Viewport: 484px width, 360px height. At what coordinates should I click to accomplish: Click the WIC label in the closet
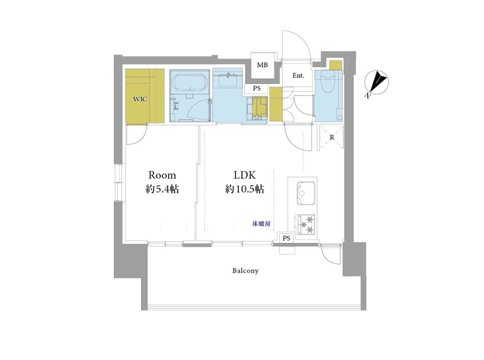pyautogui.click(x=140, y=100)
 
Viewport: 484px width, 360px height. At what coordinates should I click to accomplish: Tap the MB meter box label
pyautogui.click(x=262, y=65)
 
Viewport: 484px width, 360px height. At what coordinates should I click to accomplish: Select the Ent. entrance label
pyautogui.click(x=298, y=76)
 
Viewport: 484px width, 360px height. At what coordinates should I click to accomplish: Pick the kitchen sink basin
pyautogui.click(x=306, y=193)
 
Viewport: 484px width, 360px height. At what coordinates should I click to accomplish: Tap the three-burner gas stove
pyautogui.click(x=306, y=224)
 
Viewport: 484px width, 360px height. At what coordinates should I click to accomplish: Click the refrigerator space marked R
pyautogui.click(x=331, y=137)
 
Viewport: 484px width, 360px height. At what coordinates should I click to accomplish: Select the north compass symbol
pyautogui.click(x=377, y=83)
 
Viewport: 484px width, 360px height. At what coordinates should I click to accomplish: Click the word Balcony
pyautogui.click(x=246, y=271)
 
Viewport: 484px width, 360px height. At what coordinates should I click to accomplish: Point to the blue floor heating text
pyautogui.click(x=261, y=224)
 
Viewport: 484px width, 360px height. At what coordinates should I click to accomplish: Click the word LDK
pyautogui.click(x=244, y=175)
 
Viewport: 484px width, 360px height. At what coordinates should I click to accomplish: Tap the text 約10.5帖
pyautogui.click(x=244, y=189)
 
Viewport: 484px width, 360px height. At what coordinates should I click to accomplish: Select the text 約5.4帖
pyautogui.click(x=162, y=189)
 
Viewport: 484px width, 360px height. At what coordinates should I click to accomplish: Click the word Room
pyautogui.click(x=162, y=175)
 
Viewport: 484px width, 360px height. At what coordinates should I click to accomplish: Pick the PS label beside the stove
pyautogui.click(x=286, y=238)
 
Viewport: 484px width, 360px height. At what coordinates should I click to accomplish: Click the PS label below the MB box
pyautogui.click(x=257, y=89)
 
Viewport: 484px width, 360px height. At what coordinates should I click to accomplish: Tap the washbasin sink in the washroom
pyautogui.click(x=228, y=80)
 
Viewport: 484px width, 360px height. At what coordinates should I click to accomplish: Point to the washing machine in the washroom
pyautogui.click(x=257, y=108)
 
